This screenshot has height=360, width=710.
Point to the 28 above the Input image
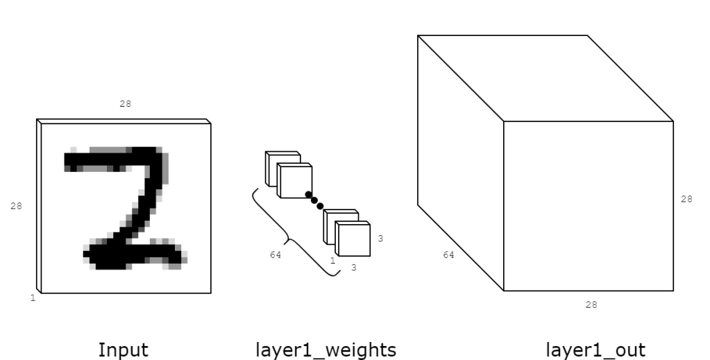(x=125, y=103)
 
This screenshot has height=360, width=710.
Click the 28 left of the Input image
(x=15, y=205)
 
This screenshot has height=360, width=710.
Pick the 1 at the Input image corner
(x=32, y=298)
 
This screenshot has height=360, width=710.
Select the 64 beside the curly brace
(x=276, y=255)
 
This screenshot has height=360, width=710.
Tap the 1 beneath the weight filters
(x=332, y=260)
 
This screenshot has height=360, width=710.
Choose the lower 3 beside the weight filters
(x=353, y=267)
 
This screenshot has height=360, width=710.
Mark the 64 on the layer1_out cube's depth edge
(x=448, y=255)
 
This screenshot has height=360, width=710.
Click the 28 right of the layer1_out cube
(x=686, y=199)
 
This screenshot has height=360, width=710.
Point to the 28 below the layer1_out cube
(x=591, y=304)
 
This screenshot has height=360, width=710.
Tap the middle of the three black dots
(x=314, y=200)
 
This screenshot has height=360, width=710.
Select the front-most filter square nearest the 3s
(x=352, y=239)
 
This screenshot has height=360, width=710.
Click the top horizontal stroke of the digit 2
(x=111, y=160)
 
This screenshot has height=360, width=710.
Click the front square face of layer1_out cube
(x=588, y=206)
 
